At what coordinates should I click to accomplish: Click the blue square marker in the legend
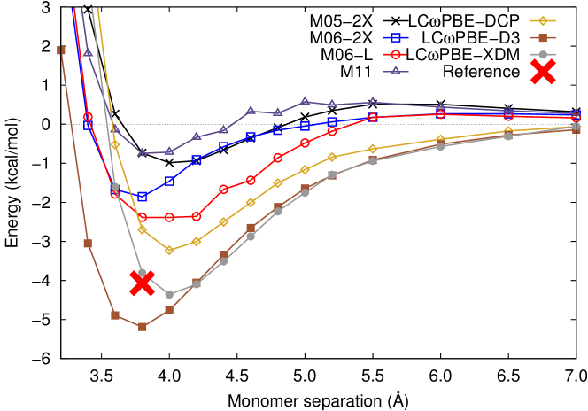click(396, 37)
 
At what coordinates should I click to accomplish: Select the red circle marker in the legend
click(396, 54)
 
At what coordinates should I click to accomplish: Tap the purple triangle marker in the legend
click(396, 70)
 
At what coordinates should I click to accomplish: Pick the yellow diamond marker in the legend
click(543, 20)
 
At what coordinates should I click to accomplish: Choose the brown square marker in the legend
click(543, 37)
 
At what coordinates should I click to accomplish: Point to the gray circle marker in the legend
click(543, 54)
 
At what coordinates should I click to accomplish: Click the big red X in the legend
click(543, 72)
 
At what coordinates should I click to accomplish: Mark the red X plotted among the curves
click(142, 283)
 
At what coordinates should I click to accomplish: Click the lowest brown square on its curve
click(142, 327)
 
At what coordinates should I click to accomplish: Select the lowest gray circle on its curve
click(169, 294)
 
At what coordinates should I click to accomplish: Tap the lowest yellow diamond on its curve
click(169, 250)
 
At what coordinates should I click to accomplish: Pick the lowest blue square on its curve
click(142, 196)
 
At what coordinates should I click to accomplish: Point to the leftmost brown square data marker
click(61, 50)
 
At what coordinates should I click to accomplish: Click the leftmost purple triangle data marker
click(88, 52)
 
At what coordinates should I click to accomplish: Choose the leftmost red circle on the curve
click(88, 116)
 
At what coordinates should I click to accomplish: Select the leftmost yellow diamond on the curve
click(115, 144)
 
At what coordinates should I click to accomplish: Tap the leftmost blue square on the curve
click(88, 126)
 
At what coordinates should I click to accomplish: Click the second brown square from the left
click(88, 244)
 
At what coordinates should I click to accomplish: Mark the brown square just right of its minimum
click(169, 310)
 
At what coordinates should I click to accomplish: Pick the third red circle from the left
click(142, 217)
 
